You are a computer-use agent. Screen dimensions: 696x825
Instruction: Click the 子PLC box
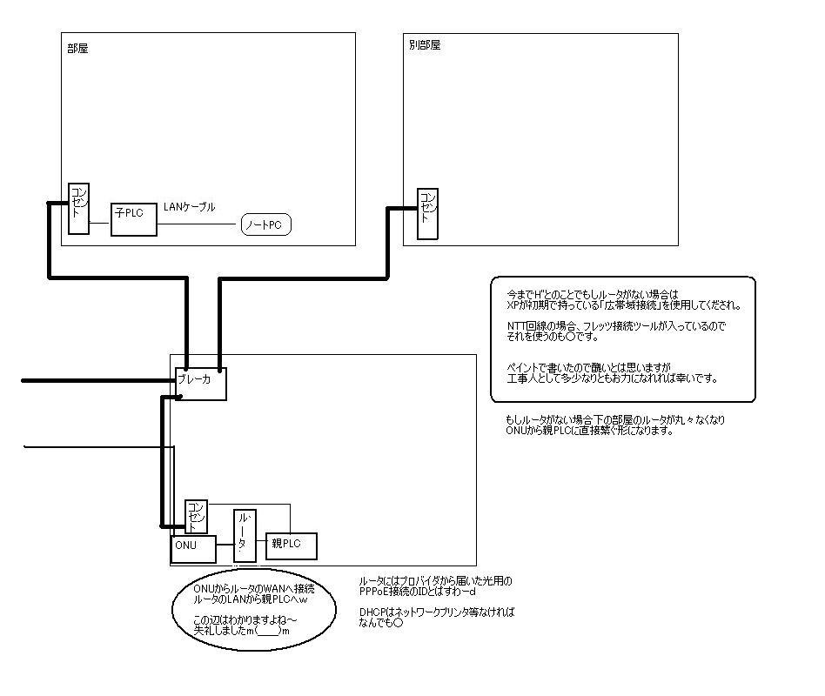pyautogui.click(x=134, y=218)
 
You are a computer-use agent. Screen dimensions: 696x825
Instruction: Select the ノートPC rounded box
pyautogui.click(x=266, y=225)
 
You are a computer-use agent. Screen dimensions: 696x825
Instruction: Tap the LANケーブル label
pyautogui.click(x=190, y=207)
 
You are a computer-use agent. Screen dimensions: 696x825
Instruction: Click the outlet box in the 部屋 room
pyautogui.click(x=78, y=208)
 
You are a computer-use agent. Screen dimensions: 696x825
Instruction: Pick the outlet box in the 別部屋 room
pyautogui.click(x=426, y=213)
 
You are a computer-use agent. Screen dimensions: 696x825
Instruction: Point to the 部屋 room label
pyautogui.click(x=77, y=49)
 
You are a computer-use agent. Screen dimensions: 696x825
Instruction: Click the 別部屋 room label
pyautogui.click(x=424, y=45)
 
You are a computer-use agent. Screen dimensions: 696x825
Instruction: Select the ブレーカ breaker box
pyautogui.click(x=200, y=382)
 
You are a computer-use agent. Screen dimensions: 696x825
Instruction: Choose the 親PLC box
pyautogui.click(x=292, y=544)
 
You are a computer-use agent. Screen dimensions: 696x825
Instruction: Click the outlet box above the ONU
pyautogui.click(x=197, y=516)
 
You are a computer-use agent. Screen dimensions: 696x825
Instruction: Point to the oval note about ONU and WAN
pyautogui.click(x=255, y=609)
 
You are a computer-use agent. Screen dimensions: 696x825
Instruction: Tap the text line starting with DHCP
pyautogui.click(x=436, y=612)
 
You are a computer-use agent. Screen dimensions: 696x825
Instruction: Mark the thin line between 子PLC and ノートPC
pyautogui.click(x=198, y=225)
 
